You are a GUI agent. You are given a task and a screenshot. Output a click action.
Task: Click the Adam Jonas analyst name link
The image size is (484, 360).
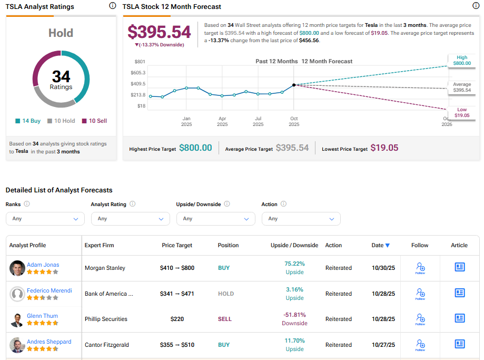(x=43, y=265)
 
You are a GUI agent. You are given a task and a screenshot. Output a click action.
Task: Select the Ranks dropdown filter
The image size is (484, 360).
(x=45, y=219)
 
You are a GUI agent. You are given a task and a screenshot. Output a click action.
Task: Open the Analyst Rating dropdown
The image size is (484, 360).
(x=130, y=219)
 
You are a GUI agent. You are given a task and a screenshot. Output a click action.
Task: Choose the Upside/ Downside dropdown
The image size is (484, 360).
(x=215, y=219)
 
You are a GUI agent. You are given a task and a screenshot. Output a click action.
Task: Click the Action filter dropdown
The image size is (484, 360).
(x=301, y=219)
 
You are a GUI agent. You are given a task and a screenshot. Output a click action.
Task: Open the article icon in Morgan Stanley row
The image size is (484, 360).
(x=459, y=267)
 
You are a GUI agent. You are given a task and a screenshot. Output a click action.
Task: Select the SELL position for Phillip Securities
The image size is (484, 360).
(x=224, y=319)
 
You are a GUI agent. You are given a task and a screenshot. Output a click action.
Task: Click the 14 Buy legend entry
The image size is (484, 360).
(x=28, y=121)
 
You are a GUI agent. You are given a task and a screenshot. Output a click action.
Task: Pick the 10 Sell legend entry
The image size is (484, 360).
(x=94, y=121)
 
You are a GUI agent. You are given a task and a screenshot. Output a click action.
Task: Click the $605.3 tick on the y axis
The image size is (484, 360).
(x=138, y=72)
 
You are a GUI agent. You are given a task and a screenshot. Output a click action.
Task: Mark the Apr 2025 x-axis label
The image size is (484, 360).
(x=222, y=122)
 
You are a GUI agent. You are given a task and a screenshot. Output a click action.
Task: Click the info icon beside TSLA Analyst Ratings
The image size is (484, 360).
(x=112, y=6)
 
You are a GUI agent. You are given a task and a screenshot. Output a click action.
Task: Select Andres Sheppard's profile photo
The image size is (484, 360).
(x=17, y=345)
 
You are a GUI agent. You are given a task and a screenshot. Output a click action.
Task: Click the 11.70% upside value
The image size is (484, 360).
(x=294, y=341)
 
